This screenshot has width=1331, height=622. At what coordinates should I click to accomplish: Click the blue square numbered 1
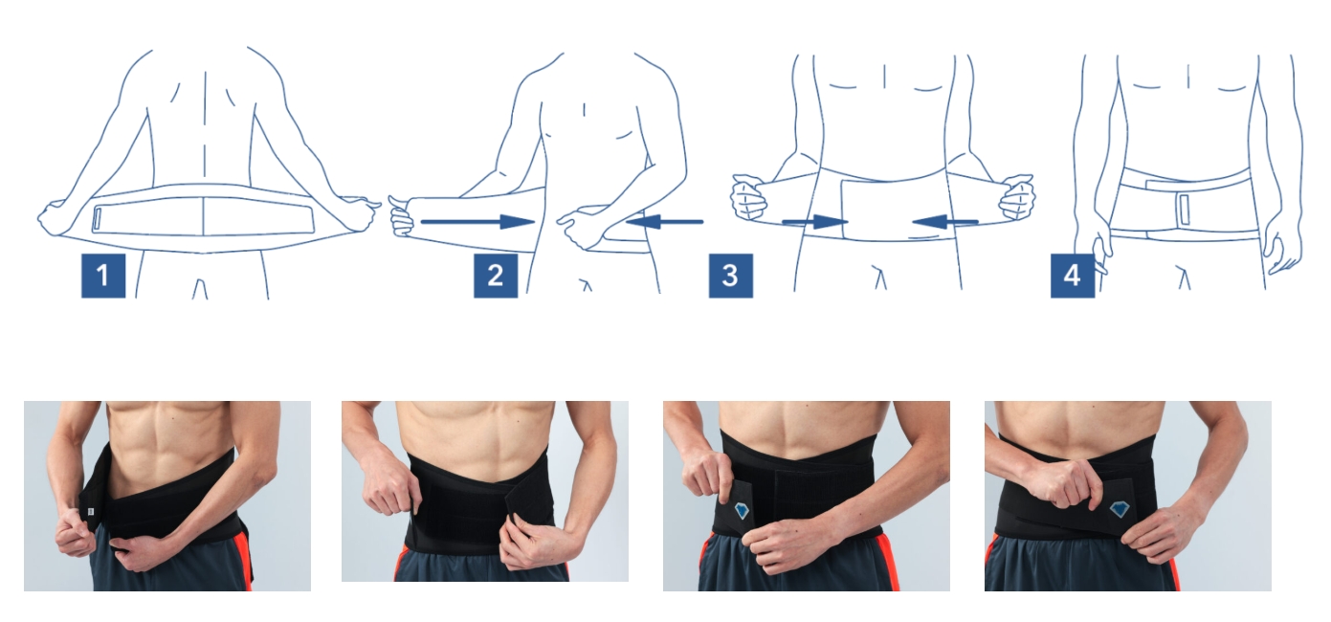click(x=103, y=276)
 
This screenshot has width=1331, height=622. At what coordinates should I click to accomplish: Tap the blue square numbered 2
click(x=496, y=276)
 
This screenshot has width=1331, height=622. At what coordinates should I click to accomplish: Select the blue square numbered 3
click(x=731, y=276)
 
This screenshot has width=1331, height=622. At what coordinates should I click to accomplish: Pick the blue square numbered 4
click(x=1073, y=276)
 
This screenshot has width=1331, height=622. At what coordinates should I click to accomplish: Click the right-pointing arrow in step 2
click(x=477, y=222)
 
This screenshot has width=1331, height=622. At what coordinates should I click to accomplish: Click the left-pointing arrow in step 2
click(x=664, y=222)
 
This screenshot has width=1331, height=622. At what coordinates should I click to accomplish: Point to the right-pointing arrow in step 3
click(x=814, y=222)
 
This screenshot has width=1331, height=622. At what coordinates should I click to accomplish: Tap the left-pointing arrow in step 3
click(x=945, y=222)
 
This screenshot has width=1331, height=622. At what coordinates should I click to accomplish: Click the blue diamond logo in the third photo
click(x=742, y=510)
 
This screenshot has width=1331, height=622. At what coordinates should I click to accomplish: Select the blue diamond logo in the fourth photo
click(x=1120, y=509)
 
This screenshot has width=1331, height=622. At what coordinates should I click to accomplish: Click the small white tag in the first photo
click(x=91, y=511)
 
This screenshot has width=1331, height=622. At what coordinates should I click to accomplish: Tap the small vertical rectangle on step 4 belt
click(x=1185, y=210)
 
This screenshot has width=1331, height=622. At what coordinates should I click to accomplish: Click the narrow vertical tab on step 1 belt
click(x=98, y=219)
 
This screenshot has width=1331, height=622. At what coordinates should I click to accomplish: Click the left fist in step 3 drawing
click(x=747, y=196)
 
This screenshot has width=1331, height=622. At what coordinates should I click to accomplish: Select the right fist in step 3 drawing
click(x=1017, y=196)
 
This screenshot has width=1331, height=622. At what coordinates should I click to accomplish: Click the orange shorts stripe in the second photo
click(x=401, y=564)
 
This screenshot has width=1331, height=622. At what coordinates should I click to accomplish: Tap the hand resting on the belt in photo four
click(x=1063, y=483)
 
